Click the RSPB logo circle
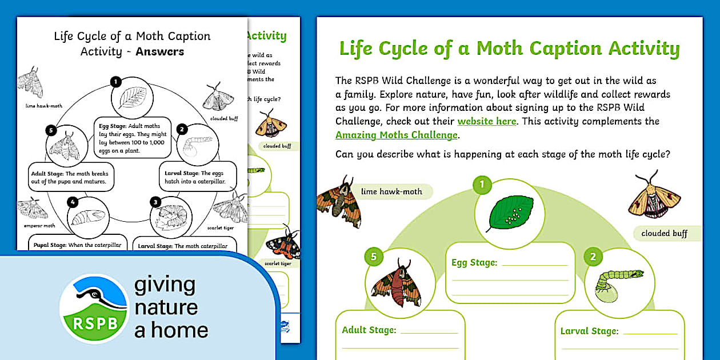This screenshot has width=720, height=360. click(x=94, y=309)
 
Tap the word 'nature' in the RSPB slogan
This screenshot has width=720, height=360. click(x=166, y=307)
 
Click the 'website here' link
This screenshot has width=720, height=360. click(x=487, y=121)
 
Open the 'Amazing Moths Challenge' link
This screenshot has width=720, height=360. click(x=397, y=135)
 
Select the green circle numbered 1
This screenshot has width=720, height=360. click(x=482, y=184)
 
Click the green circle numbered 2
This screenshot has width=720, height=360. click(x=593, y=257)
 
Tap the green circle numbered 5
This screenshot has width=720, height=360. click(x=374, y=257)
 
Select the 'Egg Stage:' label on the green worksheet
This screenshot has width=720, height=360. click(x=474, y=263)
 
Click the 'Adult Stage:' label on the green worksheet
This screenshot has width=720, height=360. click(x=369, y=330)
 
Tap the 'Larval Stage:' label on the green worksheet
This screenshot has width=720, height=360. click(x=589, y=331)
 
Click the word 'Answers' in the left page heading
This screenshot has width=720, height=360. click(x=160, y=51)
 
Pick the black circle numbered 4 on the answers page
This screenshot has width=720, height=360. click(x=72, y=201)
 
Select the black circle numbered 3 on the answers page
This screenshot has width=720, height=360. click(x=155, y=201)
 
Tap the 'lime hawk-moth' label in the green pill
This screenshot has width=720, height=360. click(x=391, y=191)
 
